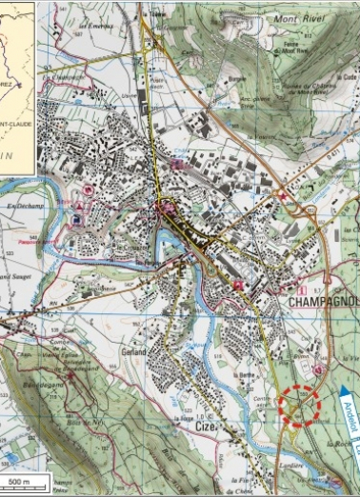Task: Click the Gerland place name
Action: pyautogui.click(x=133, y=352)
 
